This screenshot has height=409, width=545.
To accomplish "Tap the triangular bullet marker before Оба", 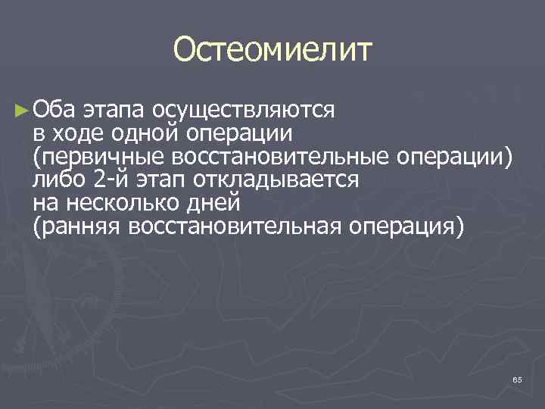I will [x=21, y=111].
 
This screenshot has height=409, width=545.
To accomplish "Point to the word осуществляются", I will [x=242, y=111].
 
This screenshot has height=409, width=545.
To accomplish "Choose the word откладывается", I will [x=279, y=180].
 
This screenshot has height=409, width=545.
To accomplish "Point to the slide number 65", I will [x=517, y=379].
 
